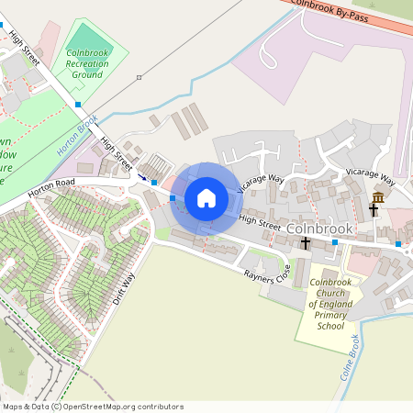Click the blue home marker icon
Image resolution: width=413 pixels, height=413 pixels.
click(x=206, y=197)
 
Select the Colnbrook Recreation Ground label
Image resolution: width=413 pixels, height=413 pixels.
click(x=87, y=64)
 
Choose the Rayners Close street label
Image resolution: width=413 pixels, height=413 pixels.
click(x=266, y=273)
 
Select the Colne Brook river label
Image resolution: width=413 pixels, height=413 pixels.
click(x=349, y=358)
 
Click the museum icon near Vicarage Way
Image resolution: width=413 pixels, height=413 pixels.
click(x=378, y=197)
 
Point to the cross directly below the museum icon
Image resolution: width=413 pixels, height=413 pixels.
click(x=374, y=210)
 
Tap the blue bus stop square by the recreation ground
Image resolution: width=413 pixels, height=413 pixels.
click(x=77, y=105)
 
